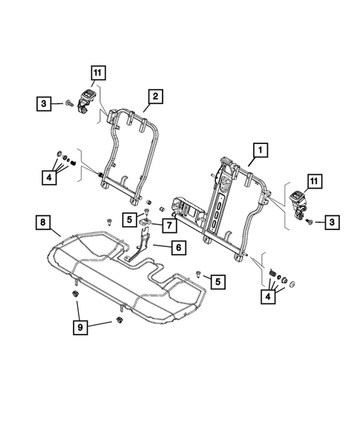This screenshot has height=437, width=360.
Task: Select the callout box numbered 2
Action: (154, 96)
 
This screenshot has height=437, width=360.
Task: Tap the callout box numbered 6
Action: (178, 249)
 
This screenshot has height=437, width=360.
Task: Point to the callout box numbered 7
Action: (168, 223)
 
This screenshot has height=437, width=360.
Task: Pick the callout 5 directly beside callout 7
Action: (130, 220)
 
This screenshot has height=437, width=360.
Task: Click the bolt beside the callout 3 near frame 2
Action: (68, 104)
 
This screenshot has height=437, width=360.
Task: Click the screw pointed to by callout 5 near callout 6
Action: (198, 274)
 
